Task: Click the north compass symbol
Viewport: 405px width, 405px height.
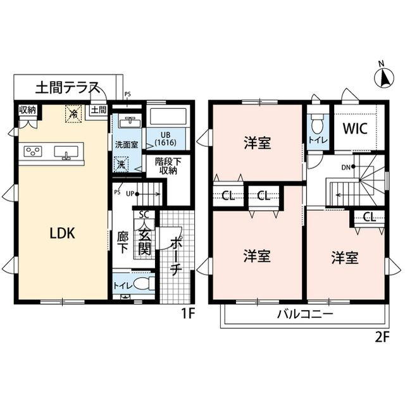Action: tap(382, 77)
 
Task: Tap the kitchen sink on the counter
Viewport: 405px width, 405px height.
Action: tap(65, 152)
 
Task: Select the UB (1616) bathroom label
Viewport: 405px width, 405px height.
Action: tap(166, 139)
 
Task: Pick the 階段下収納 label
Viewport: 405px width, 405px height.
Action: tap(169, 166)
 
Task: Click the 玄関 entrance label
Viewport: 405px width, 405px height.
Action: tap(144, 239)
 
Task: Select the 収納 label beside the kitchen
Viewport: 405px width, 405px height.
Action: tap(27, 110)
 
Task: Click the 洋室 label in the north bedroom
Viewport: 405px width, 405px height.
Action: tap(258, 143)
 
